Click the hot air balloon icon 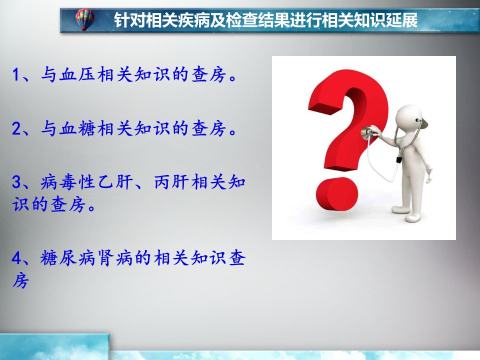pos(85,19)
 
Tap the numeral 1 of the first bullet pos(16,74)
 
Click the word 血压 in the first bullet pos(77,74)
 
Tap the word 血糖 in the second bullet pos(77,128)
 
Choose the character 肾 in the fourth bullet pos(106,258)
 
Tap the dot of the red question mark pos(336,194)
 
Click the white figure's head pos(409,118)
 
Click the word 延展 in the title pos(401,20)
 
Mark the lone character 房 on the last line pos(21,280)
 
